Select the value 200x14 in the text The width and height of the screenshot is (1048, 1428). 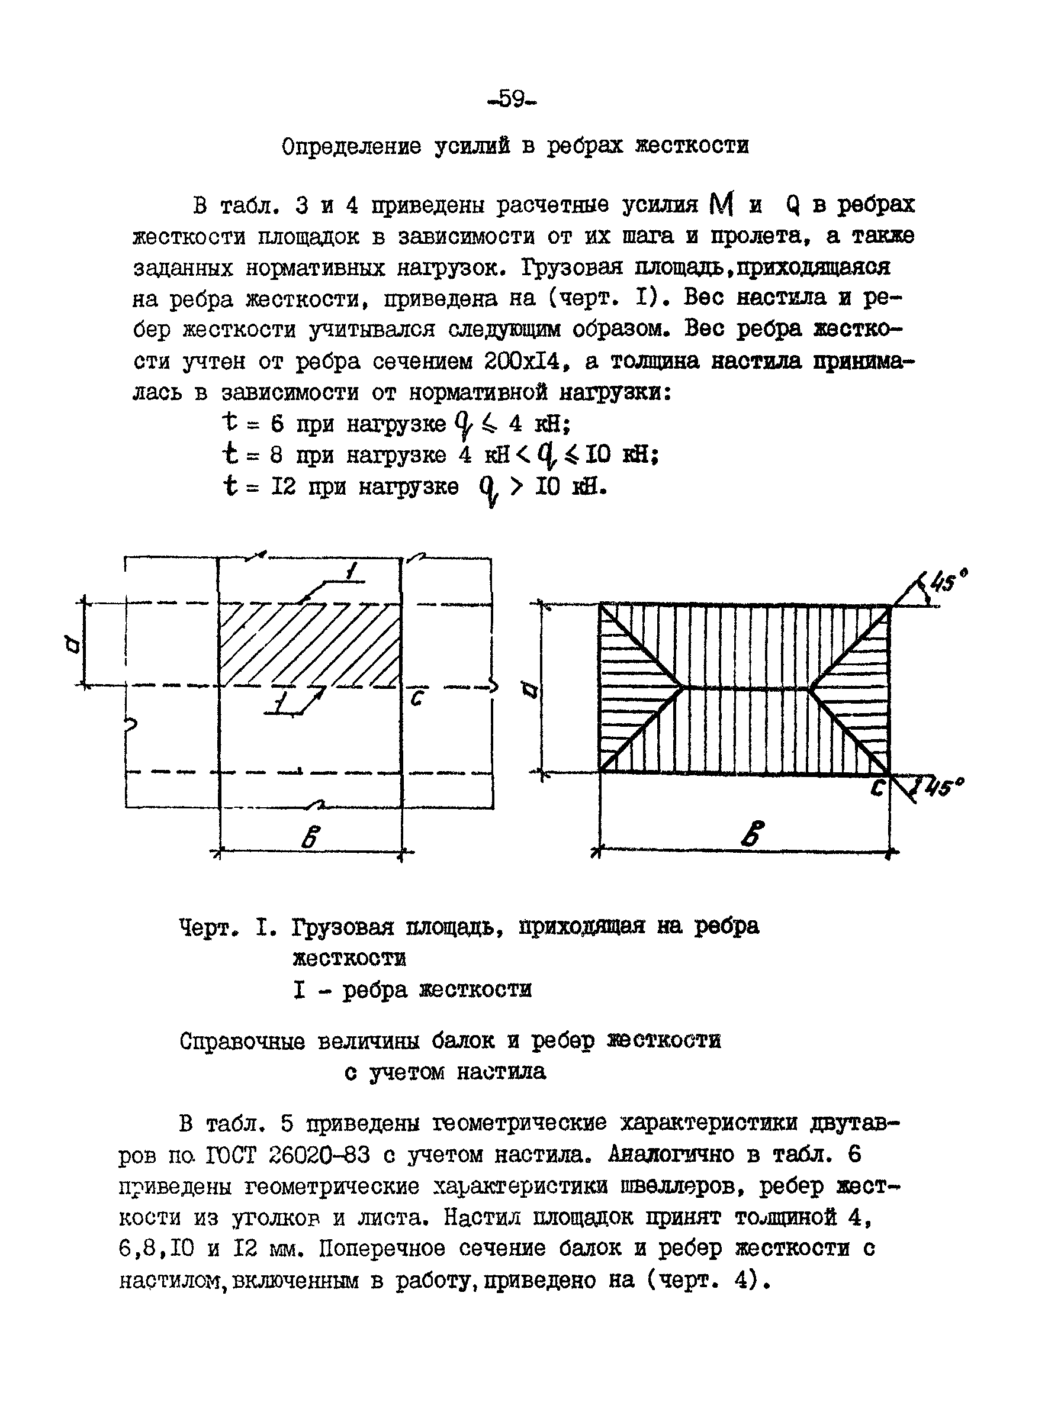pos(522,362)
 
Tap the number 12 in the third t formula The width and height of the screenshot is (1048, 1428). pos(283,487)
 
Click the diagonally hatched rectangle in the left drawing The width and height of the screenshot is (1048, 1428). pos(310,644)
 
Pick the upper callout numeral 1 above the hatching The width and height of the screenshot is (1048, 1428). pos(350,573)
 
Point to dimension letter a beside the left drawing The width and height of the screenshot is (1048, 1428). pos(72,645)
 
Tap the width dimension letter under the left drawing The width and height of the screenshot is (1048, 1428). pos(309,839)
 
